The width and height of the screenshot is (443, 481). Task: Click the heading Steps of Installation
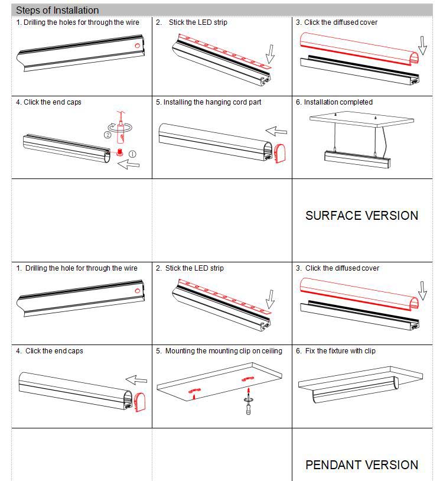click(x=57, y=10)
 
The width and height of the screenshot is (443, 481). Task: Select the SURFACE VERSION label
click(x=361, y=216)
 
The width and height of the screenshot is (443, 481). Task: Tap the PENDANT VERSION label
click(x=361, y=465)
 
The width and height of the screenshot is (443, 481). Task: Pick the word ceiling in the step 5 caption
click(x=271, y=351)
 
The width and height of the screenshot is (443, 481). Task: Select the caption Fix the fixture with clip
click(x=340, y=351)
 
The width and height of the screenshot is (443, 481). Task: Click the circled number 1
click(x=133, y=154)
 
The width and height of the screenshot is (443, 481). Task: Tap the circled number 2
click(x=108, y=135)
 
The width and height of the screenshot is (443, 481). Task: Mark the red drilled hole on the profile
click(x=137, y=45)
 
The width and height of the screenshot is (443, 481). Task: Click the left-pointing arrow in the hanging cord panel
click(x=276, y=131)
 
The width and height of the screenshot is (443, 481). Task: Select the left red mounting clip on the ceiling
click(x=193, y=391)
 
